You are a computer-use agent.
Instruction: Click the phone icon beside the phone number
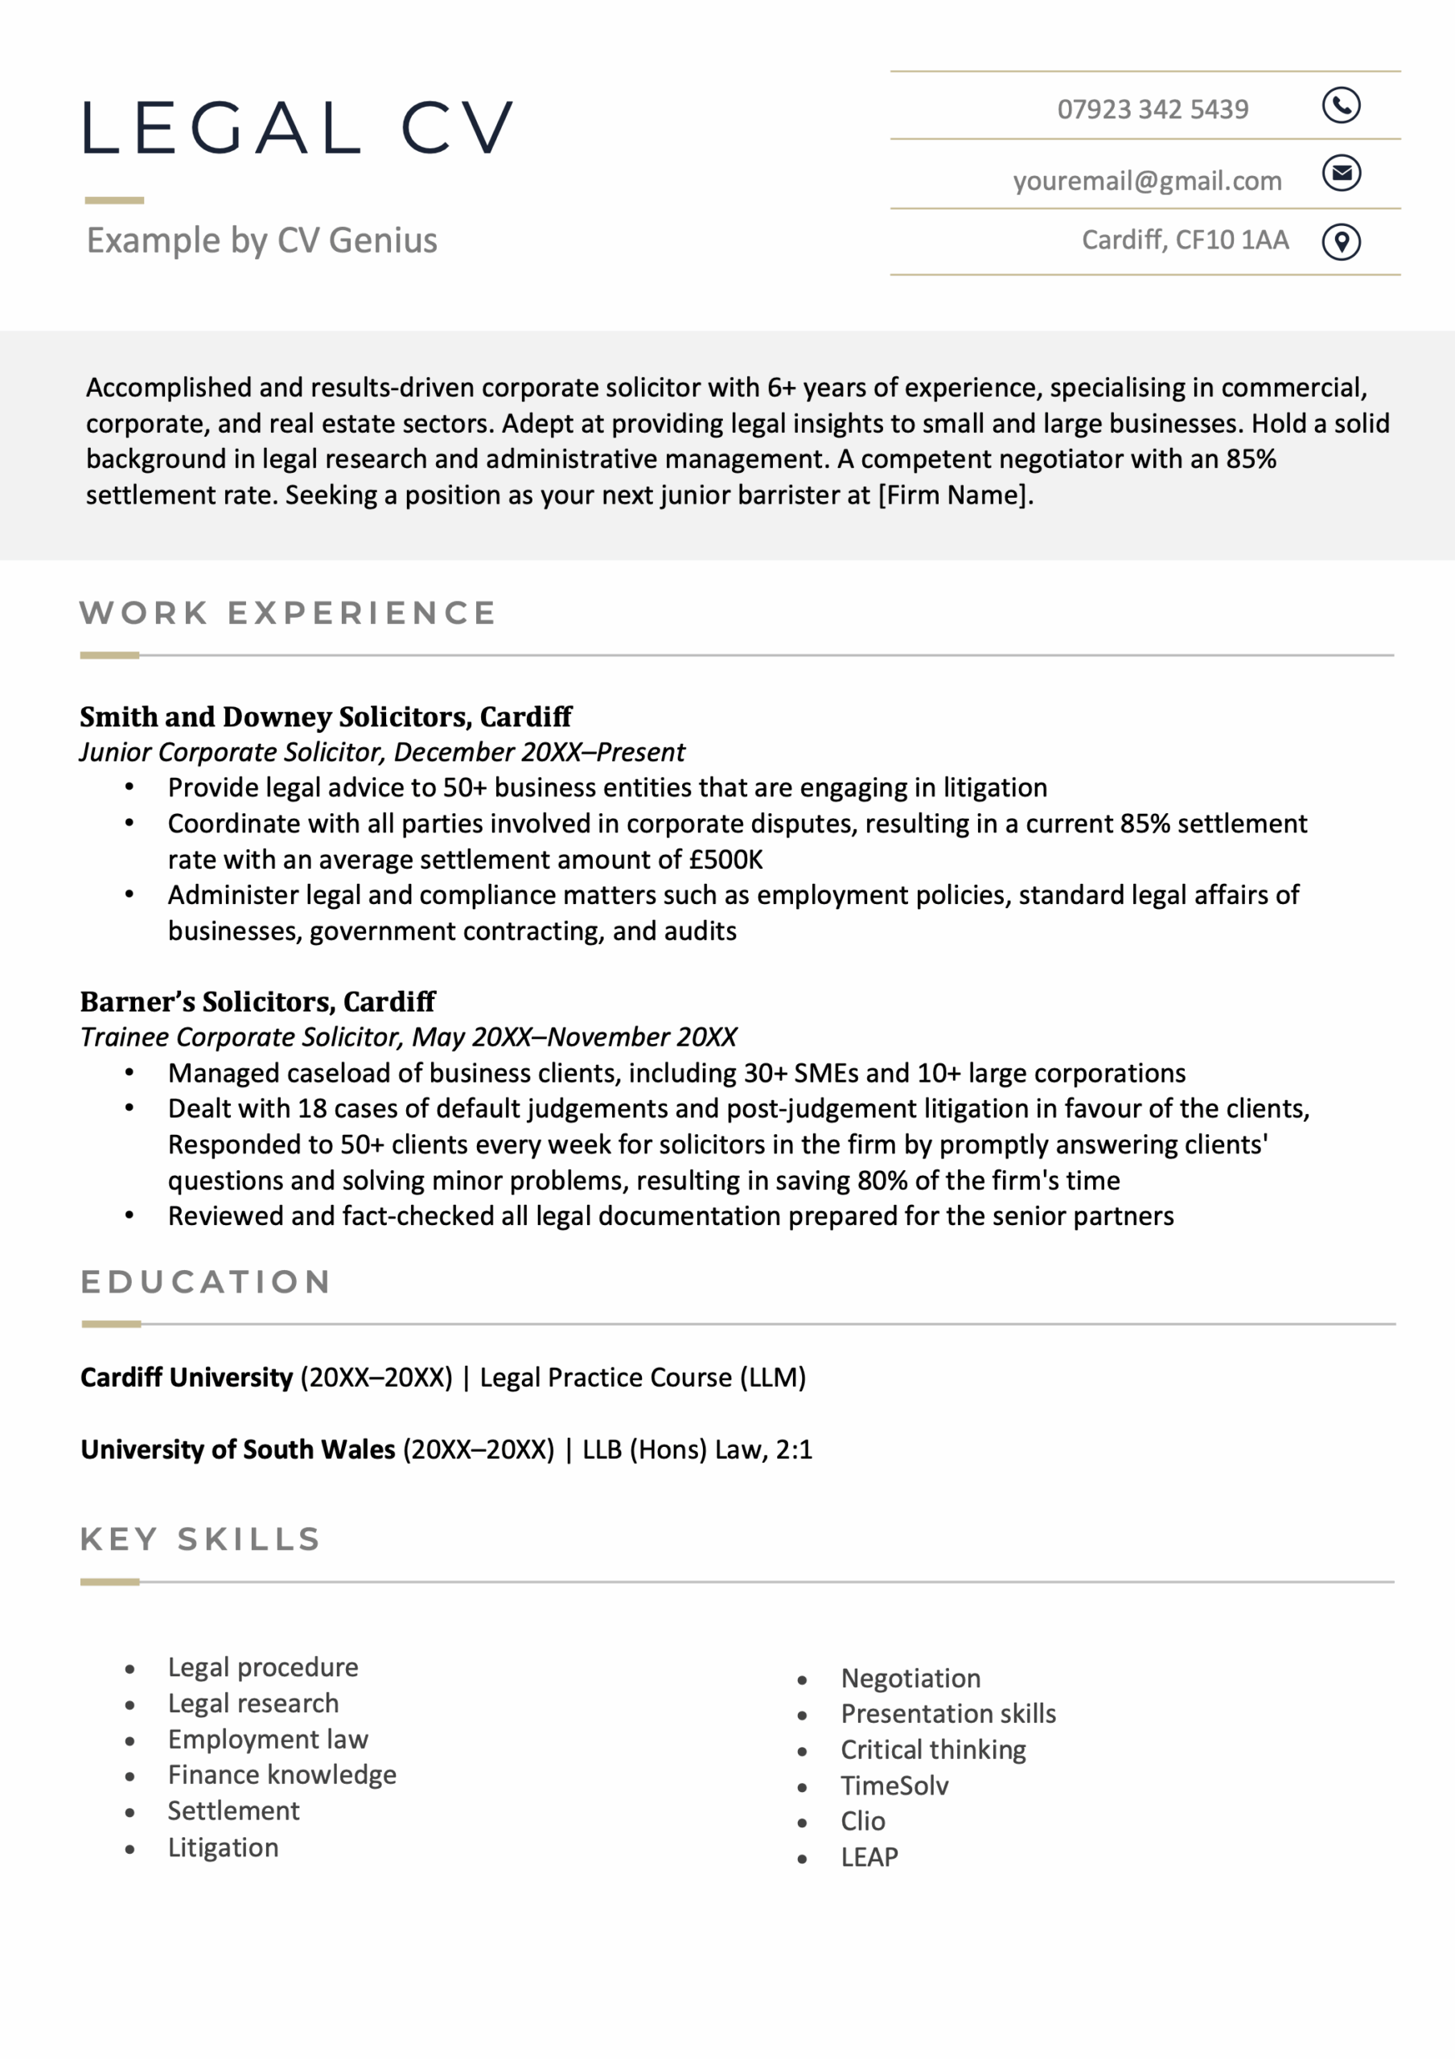pyautogui.click(x=1341, y=106)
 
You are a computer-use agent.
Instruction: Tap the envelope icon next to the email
pyautogui.click(x=1341, y=173)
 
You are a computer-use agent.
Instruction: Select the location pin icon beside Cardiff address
pyautogui.click(x=1341, y=241)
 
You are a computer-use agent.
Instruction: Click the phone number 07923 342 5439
pyautogui.click(x=1152, y=109)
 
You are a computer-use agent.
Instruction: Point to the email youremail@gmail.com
pyautogui.click(x=1146, y=181)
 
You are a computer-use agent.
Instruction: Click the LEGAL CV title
pyautogui.click(x=298, y=128)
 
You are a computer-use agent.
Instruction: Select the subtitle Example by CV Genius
pyautogui.click(x=261, y=240)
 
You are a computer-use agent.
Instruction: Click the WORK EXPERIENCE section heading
pyautogui.click(x=287, y=614)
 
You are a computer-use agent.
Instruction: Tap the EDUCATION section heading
pyautogui.click(x=205, y=1281)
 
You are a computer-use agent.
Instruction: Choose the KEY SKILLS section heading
pyautogui.click(x=200, y=1539)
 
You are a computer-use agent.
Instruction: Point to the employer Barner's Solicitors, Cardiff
pyautogui.click(x=257, y=1001)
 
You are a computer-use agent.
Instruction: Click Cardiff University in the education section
pyautogui.click(x=186, y=1378)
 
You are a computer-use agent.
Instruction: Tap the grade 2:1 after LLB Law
pyautogui.click(x=794, y=1449)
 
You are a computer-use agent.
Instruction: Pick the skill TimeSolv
pyautogui.click(x=894, y=1786)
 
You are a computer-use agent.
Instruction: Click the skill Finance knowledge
pyautogui.click(x=282, y=1775)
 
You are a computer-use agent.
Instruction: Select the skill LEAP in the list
pyautogui.click(x=869, y=1857)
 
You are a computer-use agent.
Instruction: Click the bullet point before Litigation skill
pyautogui.click(x=130, y=1849)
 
